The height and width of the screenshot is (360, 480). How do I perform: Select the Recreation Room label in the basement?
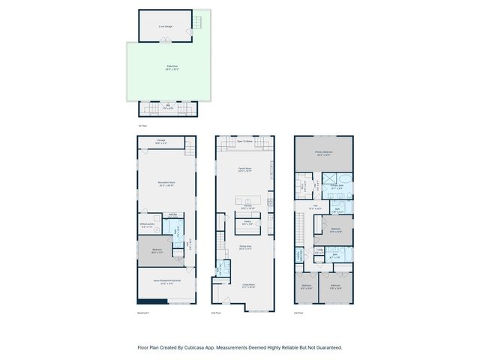point(166,183)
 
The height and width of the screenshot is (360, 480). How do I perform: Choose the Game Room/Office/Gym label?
point(166,283)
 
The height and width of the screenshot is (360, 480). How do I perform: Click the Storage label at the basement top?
point(161,141)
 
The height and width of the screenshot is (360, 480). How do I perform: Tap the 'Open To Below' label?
point(244,141)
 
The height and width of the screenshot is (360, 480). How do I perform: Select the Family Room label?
point(244,169)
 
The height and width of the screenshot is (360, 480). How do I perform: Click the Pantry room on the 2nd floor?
point(247,222)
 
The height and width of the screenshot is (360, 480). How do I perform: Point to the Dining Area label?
point(244,247)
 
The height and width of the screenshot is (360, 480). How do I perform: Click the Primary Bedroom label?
point(324,153)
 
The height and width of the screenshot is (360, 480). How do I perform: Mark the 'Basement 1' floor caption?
point(145,312)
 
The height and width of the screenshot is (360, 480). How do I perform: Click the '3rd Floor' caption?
point(298,312)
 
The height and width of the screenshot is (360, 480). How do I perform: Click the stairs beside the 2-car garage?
point(198,22)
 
